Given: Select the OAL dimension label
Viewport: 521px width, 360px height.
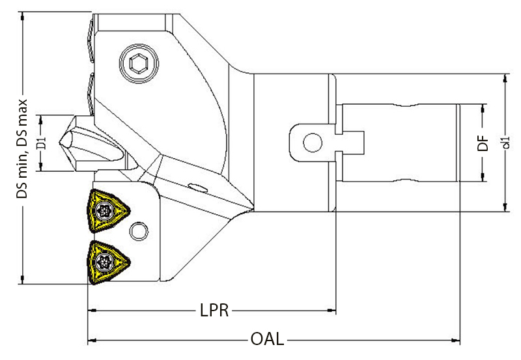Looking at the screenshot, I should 267,340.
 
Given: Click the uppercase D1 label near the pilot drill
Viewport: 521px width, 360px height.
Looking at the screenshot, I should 40,143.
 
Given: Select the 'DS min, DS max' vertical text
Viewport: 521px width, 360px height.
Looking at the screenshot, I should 23,153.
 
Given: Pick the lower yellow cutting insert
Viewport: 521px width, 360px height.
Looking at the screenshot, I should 106,261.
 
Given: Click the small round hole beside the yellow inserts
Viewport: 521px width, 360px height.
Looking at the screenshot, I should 138,231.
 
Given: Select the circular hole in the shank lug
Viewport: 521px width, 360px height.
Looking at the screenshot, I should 312,141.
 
